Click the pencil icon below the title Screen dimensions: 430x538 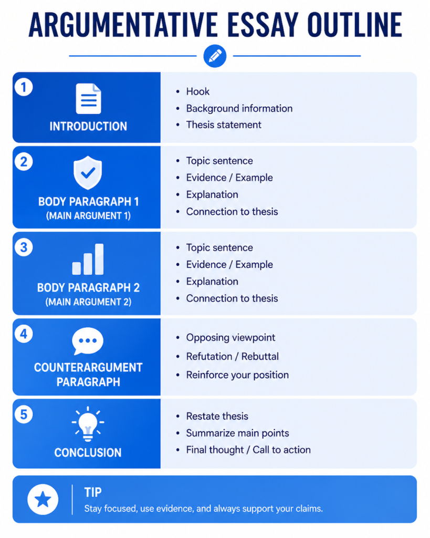point(215,56)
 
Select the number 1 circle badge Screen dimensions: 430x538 point(24,87)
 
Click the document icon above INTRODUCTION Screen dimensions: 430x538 point(89,98)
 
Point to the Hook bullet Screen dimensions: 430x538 point(198,91)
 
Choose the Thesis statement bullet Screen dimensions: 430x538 point(224,125)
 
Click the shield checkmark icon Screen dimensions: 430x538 point(88,172)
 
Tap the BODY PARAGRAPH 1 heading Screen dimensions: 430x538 point(89,201)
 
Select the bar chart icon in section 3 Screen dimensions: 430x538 point(88,259)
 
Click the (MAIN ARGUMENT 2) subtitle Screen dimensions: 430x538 point(89,302)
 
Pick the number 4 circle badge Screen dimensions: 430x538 point(24,334)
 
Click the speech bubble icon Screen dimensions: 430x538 point(88,341)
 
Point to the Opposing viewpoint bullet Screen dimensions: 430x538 point(230,338)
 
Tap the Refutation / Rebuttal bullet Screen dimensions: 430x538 point(232,357)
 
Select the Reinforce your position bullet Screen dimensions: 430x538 point(237,375)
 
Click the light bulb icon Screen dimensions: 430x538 point(88,424)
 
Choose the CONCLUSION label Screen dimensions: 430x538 point(88,452)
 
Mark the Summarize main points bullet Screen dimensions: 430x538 point(237,433)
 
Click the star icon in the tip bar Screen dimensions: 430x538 point(43,499)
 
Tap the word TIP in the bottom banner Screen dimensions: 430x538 point(93,492)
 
